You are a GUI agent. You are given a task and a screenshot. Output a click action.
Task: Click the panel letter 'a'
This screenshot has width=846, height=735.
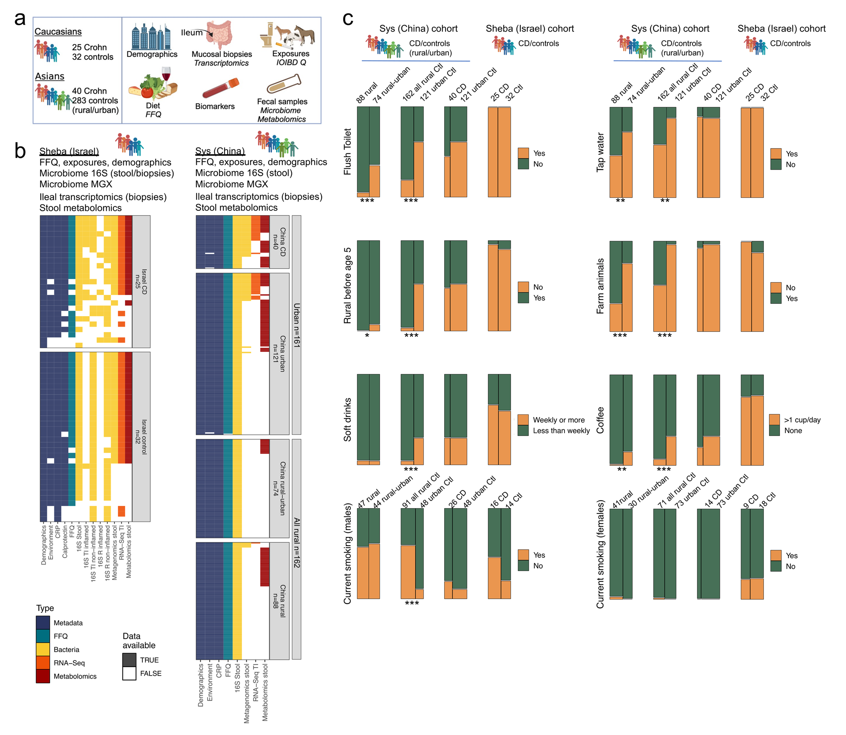[20, 19]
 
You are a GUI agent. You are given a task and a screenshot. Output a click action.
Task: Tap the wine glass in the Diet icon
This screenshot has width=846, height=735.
[166, 75]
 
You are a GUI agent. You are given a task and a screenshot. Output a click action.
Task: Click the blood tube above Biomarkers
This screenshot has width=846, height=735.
[221, 88]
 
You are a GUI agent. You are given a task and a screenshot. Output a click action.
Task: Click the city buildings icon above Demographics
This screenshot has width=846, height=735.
[151, 37]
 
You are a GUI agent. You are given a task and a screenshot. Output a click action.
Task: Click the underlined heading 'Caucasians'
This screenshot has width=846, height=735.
[58, 32]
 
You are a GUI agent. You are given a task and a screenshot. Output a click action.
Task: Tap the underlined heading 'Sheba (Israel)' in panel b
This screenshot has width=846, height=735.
[69, 151]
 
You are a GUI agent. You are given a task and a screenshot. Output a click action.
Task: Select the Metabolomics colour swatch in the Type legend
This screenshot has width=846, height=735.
[42, 676]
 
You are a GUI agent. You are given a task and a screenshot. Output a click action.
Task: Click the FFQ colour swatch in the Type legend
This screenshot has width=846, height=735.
[42, 636]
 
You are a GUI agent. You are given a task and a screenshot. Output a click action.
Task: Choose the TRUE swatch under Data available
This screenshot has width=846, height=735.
[129, 660]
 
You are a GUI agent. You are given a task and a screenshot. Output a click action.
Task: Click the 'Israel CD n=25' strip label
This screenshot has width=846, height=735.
[141, 282]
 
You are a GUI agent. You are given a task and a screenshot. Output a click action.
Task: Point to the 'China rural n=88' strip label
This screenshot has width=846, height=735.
[279, 600]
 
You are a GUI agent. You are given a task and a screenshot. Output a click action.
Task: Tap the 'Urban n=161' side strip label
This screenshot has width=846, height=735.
[296, 325]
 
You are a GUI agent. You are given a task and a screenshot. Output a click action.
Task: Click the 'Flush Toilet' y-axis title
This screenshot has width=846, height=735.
[347, 152]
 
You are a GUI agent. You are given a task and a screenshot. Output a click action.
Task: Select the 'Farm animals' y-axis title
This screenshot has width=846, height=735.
[600, 286]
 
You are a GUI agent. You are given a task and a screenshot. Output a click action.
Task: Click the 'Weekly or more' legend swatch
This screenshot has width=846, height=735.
[523, 420]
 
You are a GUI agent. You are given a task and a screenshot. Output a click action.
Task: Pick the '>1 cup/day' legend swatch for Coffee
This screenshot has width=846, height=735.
[774, 420]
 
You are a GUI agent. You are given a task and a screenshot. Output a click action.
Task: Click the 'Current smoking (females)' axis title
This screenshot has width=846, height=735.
[600, 554]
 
